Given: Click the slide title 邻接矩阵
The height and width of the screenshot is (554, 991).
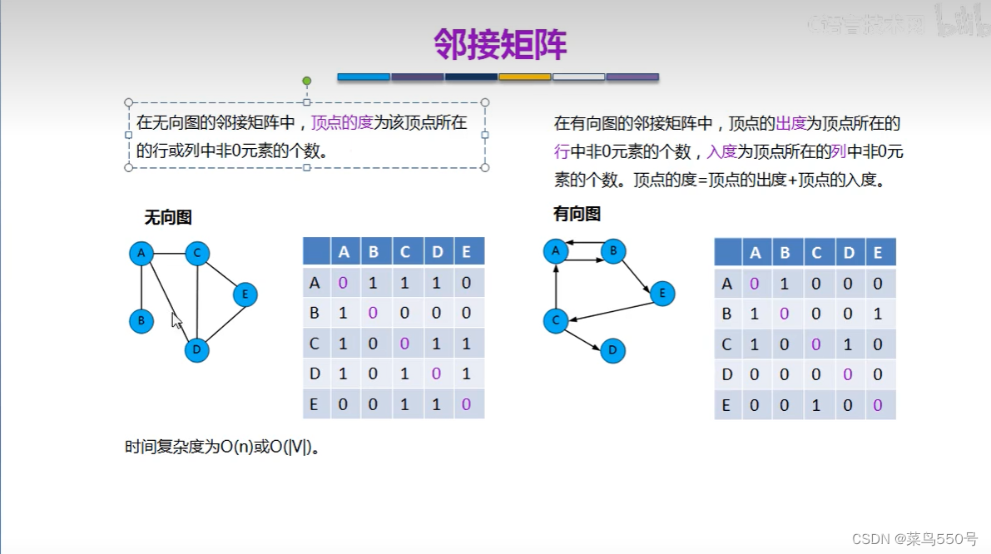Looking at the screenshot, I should tap(500, 44).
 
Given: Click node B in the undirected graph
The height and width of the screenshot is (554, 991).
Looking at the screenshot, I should tap(141, 321).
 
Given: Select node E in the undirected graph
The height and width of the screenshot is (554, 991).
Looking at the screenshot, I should tap(245, 294).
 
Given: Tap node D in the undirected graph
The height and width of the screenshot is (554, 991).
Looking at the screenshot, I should tap(196, 349).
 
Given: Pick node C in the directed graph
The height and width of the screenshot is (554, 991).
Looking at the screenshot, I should tap(555, 320).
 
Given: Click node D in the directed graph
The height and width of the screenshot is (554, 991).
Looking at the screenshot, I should tap(612, 350).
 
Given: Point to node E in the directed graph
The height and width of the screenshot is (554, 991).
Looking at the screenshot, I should tap(662, 293).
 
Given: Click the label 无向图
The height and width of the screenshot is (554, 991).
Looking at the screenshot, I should tap(168, 217).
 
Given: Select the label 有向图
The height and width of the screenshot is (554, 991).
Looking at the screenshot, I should tap(577, 214).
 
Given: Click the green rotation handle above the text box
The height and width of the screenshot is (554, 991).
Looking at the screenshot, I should tap(307, 81).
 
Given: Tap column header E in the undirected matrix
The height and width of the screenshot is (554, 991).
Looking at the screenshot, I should tap(466, 252).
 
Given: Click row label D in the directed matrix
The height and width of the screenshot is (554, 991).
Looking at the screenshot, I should tap(727, 374).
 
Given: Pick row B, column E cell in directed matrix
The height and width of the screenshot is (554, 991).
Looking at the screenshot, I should tap(878, 314).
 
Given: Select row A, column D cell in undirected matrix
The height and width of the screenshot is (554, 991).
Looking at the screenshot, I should tap(436, 283).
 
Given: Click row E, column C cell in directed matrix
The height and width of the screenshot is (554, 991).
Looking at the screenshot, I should tap(816, 405).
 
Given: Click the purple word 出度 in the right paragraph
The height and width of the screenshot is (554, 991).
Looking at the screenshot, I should tap(790, 124).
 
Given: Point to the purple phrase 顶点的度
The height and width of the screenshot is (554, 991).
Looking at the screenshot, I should tap(342, 123).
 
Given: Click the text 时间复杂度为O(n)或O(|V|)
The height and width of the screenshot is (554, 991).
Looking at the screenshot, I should tap(223, 447).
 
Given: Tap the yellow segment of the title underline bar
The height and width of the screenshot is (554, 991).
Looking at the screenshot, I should tap(524, 77).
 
